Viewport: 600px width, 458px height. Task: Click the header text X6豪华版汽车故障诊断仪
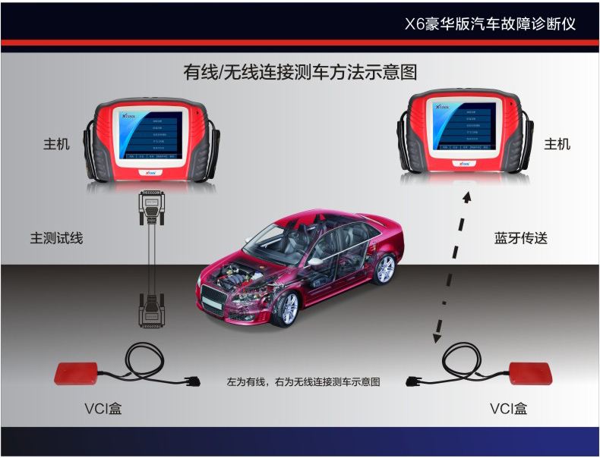coord(491,24)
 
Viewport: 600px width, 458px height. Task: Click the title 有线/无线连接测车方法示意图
coord(300,73)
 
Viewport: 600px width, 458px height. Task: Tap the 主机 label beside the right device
coord(557,143)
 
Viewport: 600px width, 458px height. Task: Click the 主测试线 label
coord(56,238)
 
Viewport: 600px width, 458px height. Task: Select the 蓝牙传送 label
coord(521,238)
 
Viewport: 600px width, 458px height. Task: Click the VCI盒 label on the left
coord(103,409)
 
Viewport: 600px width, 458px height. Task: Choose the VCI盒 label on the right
coord(509,409)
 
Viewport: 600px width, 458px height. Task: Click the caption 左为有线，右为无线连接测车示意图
coord(303,383)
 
